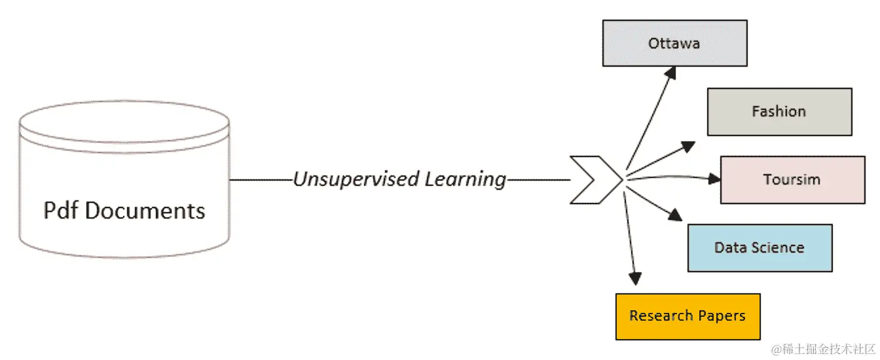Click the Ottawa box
[x=674, y=43]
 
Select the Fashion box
[x=779, y=112]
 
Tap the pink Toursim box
[x=792, y=179]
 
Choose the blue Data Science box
[x=760, y=247]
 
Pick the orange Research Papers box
[x=687, y=316]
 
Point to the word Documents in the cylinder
[x=145, y=210]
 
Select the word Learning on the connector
[x=466, y=179]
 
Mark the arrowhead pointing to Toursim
[x=713, y=179]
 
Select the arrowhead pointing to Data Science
[x=676, y=215]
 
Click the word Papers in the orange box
[x=721, y=316]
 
